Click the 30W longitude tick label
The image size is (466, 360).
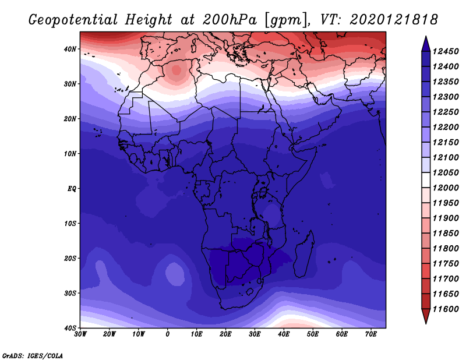coord(80,334)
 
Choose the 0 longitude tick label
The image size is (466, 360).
coord(168,334)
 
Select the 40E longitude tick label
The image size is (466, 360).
coord(284,334)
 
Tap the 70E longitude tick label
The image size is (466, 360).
coord(371,334)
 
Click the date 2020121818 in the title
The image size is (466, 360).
coord(394,20)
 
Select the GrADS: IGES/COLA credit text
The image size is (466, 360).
coord(33,355)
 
